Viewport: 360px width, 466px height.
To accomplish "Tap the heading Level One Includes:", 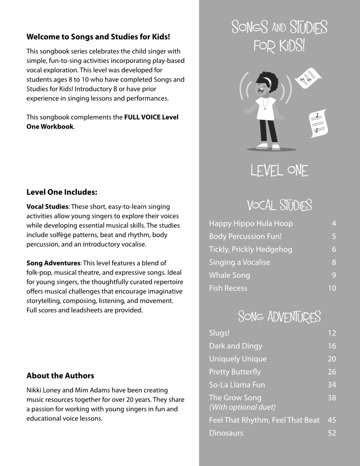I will [62, 192].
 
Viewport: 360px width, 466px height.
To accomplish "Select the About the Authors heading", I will [60, 376].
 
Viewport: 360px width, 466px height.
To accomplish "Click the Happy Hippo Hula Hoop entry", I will [251, 224].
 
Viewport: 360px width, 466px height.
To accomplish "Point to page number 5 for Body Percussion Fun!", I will [333, 237].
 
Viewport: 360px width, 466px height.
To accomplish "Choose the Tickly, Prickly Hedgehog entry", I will [251, 249].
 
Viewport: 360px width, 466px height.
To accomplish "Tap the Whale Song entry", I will [230, 275].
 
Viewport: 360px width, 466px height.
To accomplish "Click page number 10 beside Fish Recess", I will [332, 288].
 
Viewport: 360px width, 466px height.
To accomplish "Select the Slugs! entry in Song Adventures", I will [219, 333].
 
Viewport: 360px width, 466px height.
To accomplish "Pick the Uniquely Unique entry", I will [238, 359].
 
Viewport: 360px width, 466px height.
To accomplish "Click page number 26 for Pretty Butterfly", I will [332, 372].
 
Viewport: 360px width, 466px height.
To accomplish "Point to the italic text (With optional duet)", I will [242, 407].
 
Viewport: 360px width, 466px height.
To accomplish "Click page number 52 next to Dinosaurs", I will [332, 433].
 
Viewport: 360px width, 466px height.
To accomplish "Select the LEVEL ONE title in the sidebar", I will [279, 171].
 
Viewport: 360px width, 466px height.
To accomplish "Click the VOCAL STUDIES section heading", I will [279, 206].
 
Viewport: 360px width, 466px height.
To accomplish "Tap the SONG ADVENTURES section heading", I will [279, 317].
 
